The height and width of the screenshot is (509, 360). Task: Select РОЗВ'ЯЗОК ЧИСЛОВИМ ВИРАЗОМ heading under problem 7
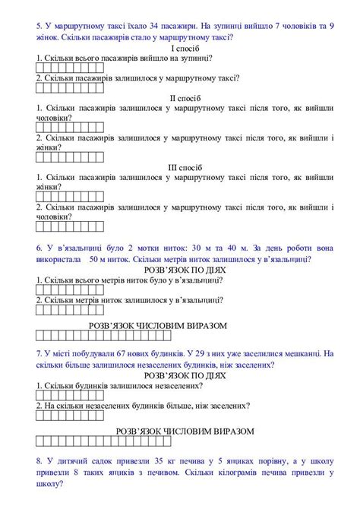[x=184, y=430]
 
